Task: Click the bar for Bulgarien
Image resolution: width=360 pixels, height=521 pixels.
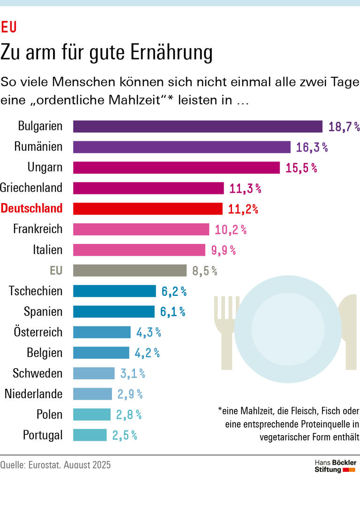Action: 197,127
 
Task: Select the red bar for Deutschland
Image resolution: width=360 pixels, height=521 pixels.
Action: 148,209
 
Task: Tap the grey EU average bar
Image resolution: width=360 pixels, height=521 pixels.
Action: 129,271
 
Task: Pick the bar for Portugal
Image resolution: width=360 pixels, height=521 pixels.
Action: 90,435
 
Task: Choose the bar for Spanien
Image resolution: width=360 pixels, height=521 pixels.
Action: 113,311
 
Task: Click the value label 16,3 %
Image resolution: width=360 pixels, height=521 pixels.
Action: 312,147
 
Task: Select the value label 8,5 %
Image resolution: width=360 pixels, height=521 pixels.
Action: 205,271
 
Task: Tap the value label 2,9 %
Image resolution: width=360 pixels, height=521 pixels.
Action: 130,394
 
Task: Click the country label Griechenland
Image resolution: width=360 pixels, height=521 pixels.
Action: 31,188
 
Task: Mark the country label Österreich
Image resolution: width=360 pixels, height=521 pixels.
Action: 38,332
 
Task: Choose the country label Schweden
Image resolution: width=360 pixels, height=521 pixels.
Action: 37,373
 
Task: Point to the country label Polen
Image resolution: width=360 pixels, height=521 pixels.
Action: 49,415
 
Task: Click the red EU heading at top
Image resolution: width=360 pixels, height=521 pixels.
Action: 9,28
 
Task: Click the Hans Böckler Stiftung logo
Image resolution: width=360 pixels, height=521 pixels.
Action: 335,466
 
